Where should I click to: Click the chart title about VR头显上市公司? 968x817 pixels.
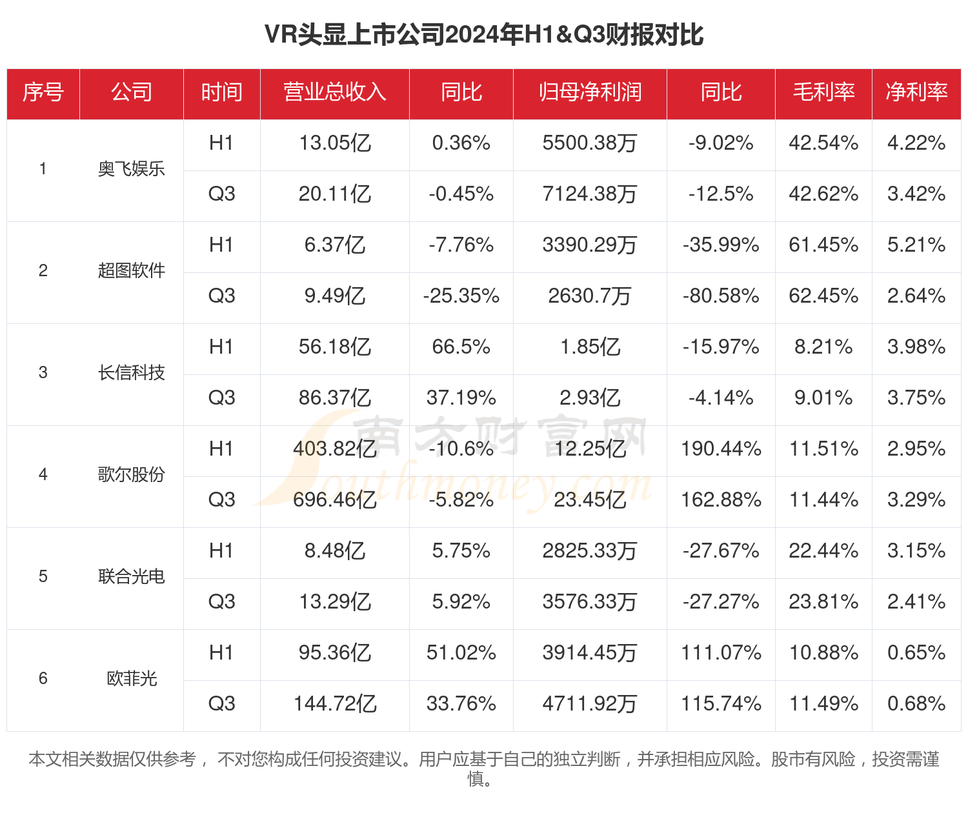click(x=483, y=35)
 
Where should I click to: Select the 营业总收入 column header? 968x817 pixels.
click(x=334, y=92)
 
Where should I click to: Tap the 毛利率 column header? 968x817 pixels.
click(x=823, y=92)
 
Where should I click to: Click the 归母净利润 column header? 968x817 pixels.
click(x=590, y=92)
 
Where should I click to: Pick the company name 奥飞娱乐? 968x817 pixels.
click(x=132, y=169)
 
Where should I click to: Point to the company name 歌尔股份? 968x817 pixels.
click(x=132, y=475)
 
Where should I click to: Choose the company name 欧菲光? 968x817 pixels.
click(x=132, y=679)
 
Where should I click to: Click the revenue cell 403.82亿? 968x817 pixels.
click(x=334, y=449)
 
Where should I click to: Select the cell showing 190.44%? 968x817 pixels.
click(x=721, y=449)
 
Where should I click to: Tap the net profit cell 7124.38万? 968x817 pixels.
click(x=590, y=194)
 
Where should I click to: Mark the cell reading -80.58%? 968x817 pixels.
click(x=721, y=296)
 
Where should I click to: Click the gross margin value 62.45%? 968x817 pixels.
click(x=823, y=296)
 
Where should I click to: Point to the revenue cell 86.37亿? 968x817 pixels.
click(x=334, y=398)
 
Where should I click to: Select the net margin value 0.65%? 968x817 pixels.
click(x=916, y=653)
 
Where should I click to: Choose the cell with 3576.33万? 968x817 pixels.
click(x=590, y=602)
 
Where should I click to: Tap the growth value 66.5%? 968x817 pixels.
click(x=461, y=347)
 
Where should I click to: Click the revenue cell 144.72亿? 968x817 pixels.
click(x=334, y=704)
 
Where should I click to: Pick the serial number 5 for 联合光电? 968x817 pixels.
click(x=43, y=577)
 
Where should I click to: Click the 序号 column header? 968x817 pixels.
click(x=43, y=92)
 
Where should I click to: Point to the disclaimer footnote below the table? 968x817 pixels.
click(x=483, y=769)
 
